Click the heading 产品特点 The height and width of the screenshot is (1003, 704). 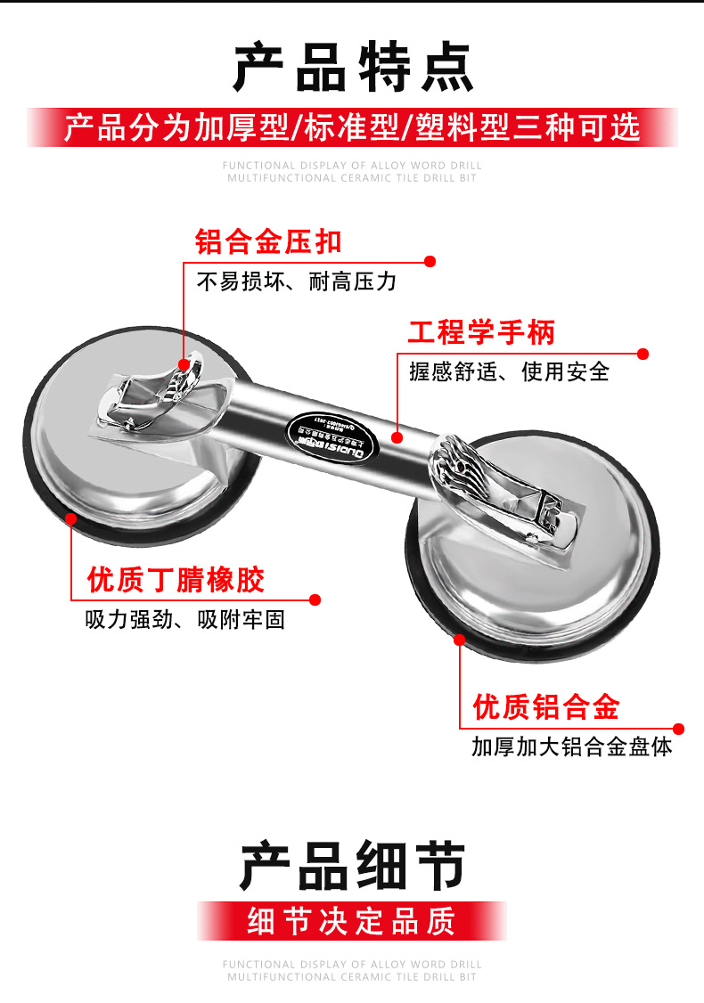point(353,68)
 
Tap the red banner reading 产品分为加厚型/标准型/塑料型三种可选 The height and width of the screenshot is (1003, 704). point(352,127)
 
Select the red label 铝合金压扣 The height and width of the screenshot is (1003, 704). point(268,241)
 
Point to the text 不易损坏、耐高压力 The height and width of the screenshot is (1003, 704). point(296,282)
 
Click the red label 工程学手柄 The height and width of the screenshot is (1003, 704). point(481,332)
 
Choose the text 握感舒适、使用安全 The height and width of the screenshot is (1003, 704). point(509,371)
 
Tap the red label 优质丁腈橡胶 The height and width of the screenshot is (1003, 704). point(176,580)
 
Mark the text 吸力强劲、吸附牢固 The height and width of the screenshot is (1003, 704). point(185,620)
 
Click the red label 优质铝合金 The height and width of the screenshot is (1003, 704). point(545,707)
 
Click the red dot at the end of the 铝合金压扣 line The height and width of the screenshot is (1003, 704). point(430,262)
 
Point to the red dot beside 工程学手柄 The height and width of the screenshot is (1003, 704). point(643,354)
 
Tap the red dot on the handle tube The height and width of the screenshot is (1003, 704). point(397,436)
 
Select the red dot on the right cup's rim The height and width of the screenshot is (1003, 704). point(460,639)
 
